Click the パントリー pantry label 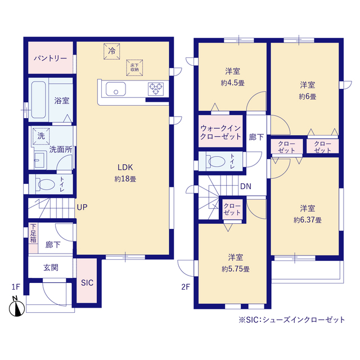[x=50, y=58]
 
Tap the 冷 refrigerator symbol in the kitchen [x=111, y=51]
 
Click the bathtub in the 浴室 [x=38, y=101]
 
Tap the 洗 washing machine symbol [x=40, y=136]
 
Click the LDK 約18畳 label [x=125, y=173]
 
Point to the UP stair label [x=82, y=207]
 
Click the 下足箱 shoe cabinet [x=33, y=233]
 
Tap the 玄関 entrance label [x=51, y=268]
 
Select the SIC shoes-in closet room [x=87, y=283]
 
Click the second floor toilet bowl [x=216, y=161]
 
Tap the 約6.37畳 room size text [x=307, y=220]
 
